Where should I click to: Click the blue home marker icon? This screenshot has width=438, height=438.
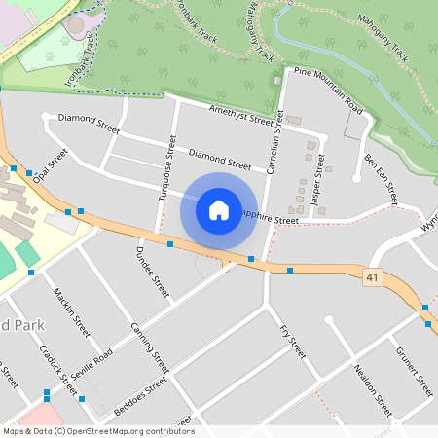219,209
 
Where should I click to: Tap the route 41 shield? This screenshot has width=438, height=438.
371,277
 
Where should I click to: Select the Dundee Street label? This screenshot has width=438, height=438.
154,271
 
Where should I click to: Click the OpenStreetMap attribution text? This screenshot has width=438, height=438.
97,431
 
